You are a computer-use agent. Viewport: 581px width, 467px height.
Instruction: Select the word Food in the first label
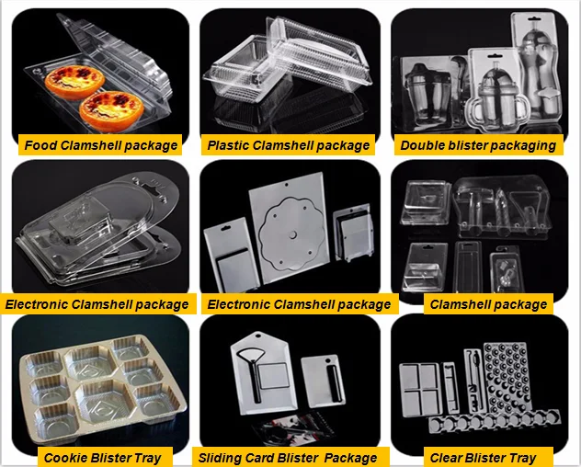point(40,145)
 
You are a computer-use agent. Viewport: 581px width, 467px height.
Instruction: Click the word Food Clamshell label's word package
point(150,145)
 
